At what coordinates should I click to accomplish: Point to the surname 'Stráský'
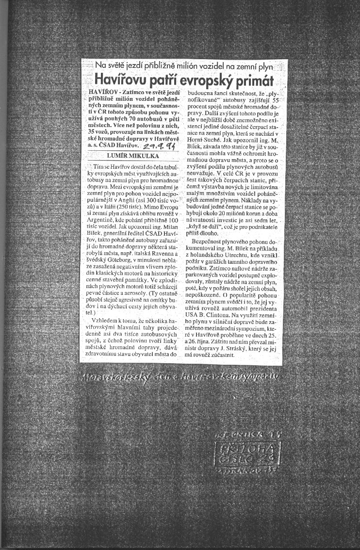click(240, 348)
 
